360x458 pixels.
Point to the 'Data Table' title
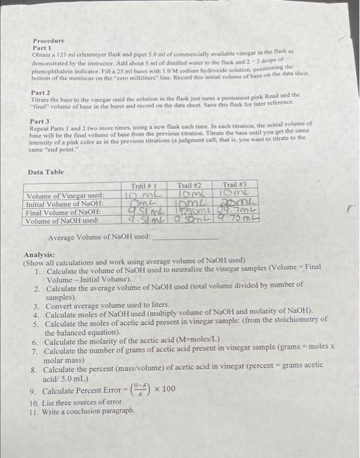pos(46,171)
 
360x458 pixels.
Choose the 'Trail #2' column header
pos(190,186)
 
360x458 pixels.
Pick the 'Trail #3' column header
pos(234,186)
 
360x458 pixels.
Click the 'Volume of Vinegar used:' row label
pos(64,195)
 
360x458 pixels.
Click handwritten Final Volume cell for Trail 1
pos(143,212)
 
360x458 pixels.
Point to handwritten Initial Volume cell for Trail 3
pos(234,203)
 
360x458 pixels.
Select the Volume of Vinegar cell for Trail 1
pos(142,195)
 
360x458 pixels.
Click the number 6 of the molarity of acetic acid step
pos(35,342)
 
